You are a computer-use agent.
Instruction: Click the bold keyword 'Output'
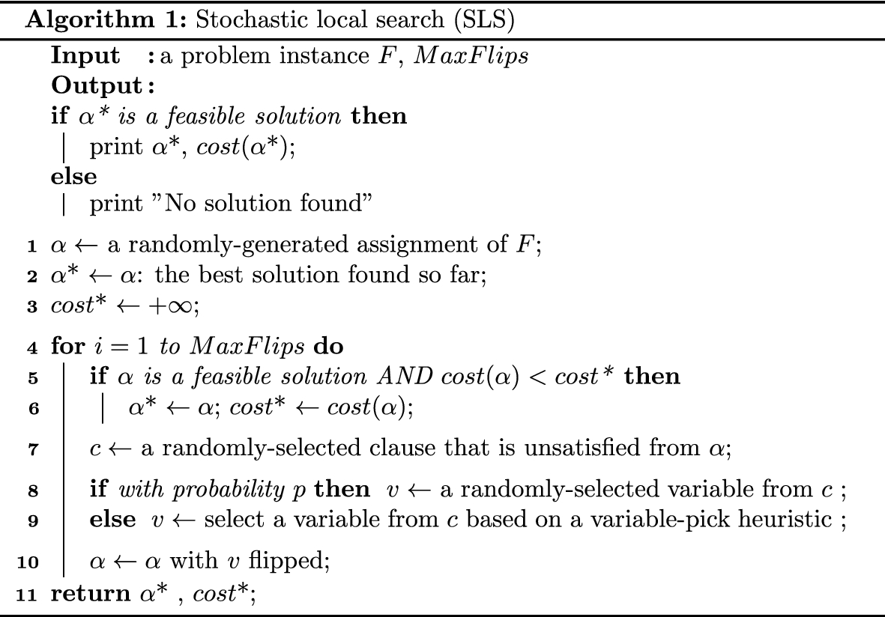(x=99, y=87)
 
